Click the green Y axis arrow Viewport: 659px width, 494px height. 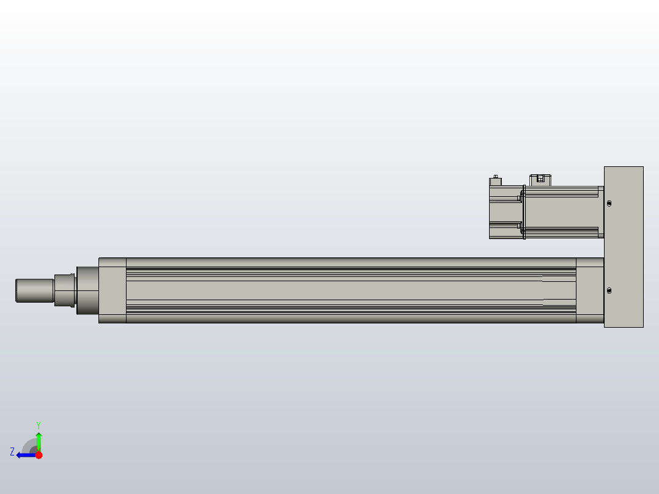coord(39,440)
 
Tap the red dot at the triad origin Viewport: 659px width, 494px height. coord(39,455)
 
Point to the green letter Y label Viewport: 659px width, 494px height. coord(38,424)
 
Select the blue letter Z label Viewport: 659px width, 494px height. coord(12,452)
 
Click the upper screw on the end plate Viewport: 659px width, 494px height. coord(609,204)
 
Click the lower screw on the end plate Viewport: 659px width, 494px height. coord(609,291)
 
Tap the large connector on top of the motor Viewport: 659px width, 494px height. coord(540,179)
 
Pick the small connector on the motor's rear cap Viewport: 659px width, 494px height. coord(496,180)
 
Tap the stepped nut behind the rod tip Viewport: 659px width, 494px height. coord(64,290)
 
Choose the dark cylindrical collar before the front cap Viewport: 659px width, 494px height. coord(87,290)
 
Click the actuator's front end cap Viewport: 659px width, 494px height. coord(112,290)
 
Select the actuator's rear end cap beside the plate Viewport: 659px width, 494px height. coord(589,290)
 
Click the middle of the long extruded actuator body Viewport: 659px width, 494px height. coord(352,290)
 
